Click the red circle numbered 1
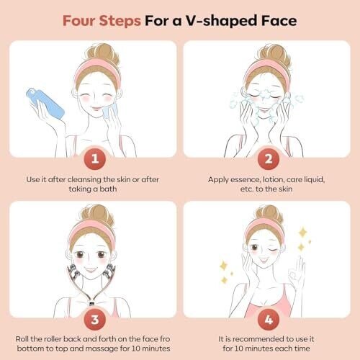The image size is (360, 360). pos(95,158)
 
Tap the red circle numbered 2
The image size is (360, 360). pos(269,158)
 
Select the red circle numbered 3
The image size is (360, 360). pos(95,320)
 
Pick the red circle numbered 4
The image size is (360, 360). pos(269,320)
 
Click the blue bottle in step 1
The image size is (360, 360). pos(45,103)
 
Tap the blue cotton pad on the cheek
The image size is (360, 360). pos(110,111)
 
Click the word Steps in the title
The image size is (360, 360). pos(120,21)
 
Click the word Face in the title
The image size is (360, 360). pos(279,21)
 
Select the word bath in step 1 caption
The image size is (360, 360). pos(108,189)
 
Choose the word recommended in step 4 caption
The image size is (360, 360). pos(258,339)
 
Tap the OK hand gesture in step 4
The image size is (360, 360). pos(297,273)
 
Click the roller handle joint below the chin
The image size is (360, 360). pos(91,303)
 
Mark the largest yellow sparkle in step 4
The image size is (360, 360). pos(302,233)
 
